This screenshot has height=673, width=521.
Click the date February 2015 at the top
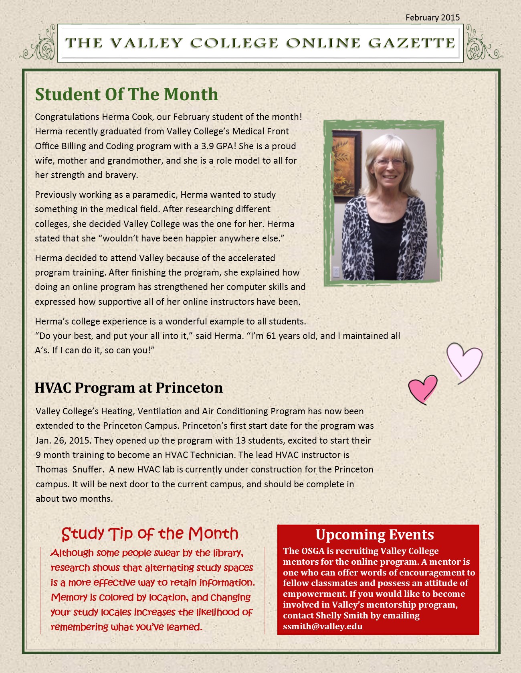432,18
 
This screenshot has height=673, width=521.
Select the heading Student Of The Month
126,94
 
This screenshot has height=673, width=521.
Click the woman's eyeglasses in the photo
389,162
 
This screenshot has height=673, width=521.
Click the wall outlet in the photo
336,272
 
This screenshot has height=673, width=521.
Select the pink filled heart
422,388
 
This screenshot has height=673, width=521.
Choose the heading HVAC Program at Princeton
129,388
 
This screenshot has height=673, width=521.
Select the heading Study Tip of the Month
150,533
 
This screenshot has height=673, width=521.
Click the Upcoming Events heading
375,535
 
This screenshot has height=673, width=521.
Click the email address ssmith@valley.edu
323,626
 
